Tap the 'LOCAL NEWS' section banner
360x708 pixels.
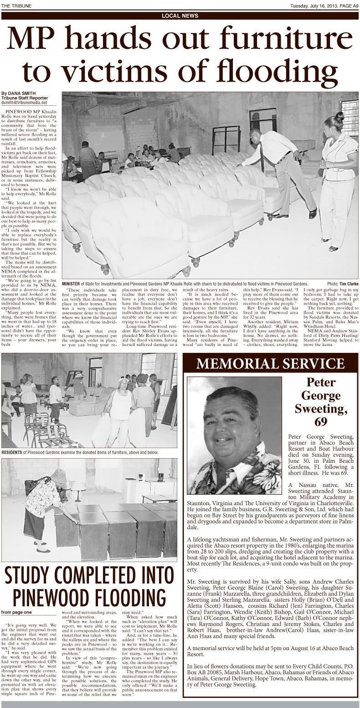click(180, 16)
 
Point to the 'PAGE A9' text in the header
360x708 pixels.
click(347, 5)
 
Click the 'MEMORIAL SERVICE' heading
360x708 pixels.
click(271, 363)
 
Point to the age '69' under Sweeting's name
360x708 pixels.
click(321, 422)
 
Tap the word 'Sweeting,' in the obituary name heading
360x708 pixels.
click(321, 408)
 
